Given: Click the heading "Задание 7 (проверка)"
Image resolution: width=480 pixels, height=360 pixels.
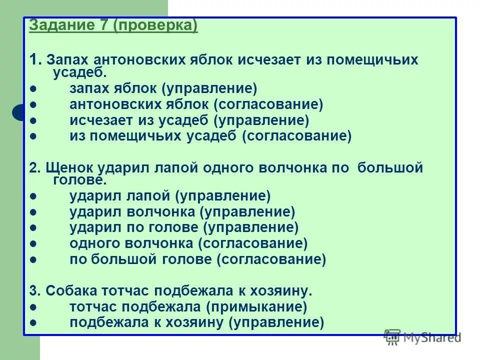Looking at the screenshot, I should pos(113,26).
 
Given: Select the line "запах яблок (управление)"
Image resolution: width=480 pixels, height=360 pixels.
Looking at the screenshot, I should pos(163,89).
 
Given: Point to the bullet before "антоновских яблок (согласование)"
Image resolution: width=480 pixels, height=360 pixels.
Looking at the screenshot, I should pos(33,104).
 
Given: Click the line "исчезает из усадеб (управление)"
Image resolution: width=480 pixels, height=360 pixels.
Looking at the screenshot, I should pos(189,120).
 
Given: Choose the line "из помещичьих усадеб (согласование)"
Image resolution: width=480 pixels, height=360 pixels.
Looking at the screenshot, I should pos(210,135).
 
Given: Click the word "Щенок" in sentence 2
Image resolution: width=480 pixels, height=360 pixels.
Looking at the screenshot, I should pos(61,167).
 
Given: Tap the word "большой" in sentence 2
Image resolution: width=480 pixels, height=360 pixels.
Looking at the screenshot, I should pos(390,167).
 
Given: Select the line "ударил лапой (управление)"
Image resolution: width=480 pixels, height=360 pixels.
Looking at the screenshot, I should pos(170,196).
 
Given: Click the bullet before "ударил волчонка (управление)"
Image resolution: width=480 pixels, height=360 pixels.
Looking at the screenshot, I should pos(33,212).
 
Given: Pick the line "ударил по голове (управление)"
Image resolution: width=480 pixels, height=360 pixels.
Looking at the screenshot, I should pos(184,227).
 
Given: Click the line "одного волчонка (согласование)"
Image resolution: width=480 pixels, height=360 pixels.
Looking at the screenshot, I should pos(188,243).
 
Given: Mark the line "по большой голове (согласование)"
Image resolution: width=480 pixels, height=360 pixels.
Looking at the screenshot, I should pos(197,259).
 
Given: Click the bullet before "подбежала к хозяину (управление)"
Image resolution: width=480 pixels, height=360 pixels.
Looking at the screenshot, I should pos(33,322).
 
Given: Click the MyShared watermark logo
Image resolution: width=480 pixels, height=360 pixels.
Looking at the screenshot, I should pos(422,337).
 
